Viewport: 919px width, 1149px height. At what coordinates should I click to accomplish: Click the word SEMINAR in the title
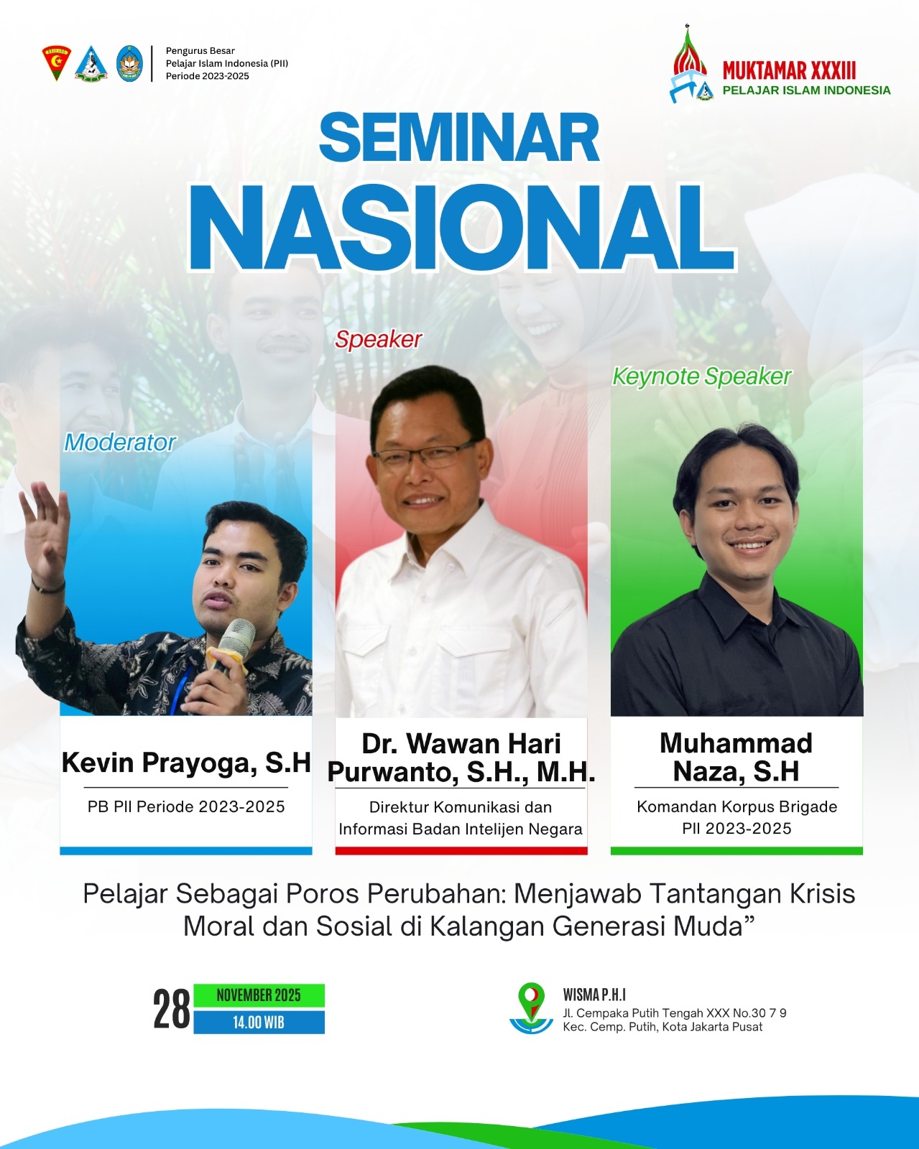point(459,137)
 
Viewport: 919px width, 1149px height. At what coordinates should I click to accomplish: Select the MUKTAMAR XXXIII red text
point(789,70)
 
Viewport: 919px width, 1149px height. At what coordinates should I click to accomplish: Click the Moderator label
point(120,442)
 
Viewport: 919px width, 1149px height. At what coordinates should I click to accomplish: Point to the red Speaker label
point(378,340)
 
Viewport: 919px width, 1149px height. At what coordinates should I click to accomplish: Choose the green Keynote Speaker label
point(701,376)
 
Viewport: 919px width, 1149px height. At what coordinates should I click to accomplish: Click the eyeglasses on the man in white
point(425,455)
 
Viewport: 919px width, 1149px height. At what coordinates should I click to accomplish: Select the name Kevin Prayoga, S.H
point(186,763)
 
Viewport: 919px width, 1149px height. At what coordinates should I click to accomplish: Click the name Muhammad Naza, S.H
point(736,757)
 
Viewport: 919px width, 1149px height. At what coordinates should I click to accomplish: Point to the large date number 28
point(172,1008)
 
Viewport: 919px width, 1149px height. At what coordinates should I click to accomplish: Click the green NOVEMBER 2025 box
point(259,995)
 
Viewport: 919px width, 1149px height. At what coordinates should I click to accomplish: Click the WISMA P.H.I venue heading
point(594,995)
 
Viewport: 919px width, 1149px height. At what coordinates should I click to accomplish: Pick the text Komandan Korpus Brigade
point(736,806)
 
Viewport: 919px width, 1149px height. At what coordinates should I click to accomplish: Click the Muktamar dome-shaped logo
point(691,64)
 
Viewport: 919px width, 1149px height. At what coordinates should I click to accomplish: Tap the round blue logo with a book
point(130,63)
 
